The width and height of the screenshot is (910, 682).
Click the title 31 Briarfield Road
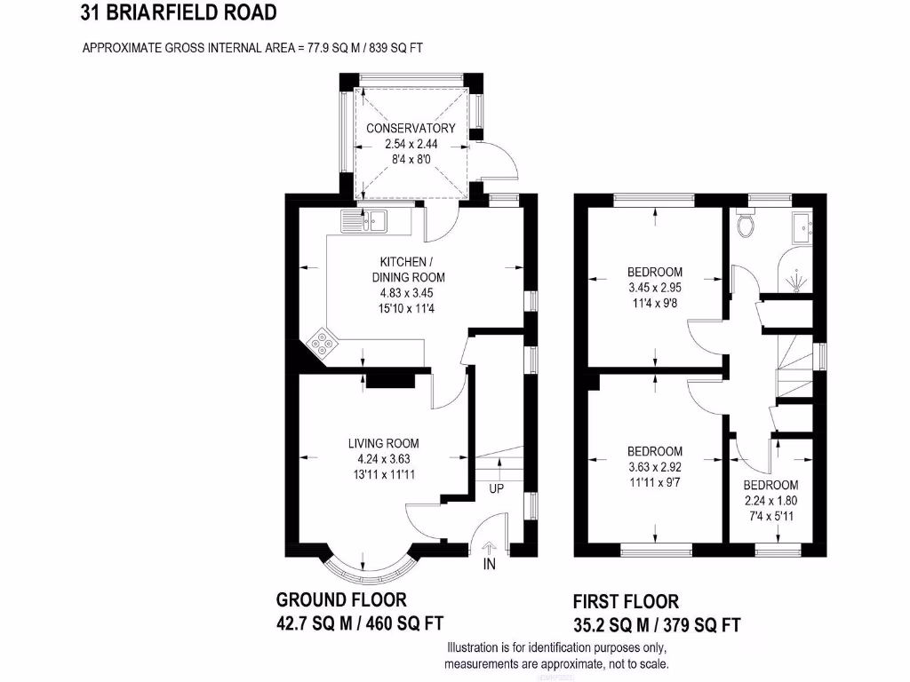(x=178, y=12)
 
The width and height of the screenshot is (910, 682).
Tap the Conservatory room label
(x=411, y=128)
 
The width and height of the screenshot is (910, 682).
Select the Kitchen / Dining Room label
(x=407, y=270)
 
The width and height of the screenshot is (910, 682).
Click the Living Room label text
(x=383, y=443)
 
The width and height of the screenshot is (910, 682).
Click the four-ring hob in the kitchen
(x=323, y=343)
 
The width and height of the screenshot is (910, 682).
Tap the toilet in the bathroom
(x=746, y=226)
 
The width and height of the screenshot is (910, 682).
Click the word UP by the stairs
(x=497, y=489)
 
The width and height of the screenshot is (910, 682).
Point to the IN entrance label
(x=489, y=564)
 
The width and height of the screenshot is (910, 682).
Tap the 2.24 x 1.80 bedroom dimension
(x=770, y=499)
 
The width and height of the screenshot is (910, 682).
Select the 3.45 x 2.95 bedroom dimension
(x=655, y=286)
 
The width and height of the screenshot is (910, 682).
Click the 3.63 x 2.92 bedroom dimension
(x=655, y=465)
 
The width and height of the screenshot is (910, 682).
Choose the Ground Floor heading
(x=341, y=600)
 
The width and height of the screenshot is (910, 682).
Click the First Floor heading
(x=626, y=602)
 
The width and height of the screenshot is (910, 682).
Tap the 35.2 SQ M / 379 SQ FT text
(x=657, y=624)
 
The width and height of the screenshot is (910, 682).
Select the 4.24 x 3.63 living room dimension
(x=383, y=458)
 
